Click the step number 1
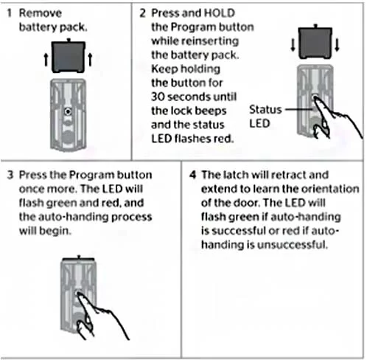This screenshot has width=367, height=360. coord(10,13)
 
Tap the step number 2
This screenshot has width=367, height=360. coord(143,13)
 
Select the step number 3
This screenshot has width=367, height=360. coord(10,175)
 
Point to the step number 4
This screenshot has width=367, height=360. coord(193,175)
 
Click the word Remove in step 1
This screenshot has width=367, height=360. coord(41,13)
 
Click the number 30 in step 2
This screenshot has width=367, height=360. coord(158,97)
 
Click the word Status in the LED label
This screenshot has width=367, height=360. coord(265,110)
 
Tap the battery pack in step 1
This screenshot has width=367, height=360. coord(69,56)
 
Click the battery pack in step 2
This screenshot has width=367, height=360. coord(315,42)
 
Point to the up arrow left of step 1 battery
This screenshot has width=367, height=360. coord(46,60)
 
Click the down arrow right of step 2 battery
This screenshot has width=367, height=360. coord(337,45)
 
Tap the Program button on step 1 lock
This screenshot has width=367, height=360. coord(68,112)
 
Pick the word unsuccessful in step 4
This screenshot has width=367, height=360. coord(293,245)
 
